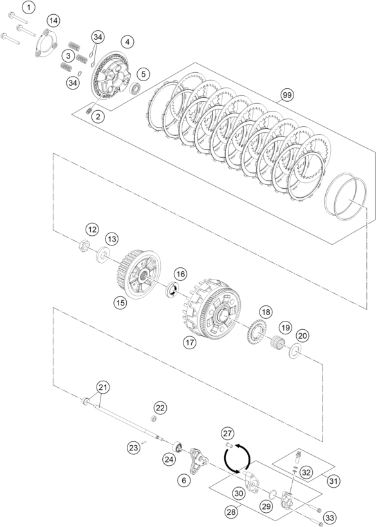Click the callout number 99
click(x=287, y=95)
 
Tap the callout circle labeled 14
click(x=53, y=21)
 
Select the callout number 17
click(x=190, y=343)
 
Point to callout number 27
click(x=227, y=433)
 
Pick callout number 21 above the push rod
click(x=103, y=388)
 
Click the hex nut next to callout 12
click(x=84, y=246)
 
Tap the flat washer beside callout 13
click(x=102, y=256)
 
